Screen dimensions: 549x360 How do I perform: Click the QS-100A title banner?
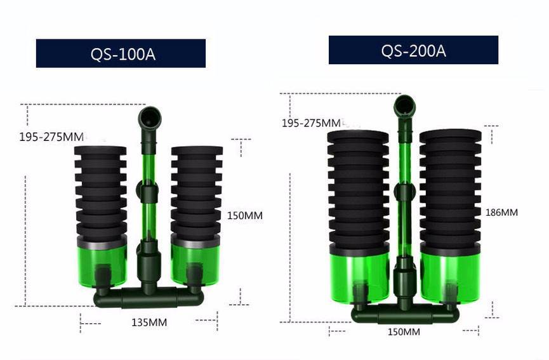(121, 53)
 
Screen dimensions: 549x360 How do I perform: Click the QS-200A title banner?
(414, 50)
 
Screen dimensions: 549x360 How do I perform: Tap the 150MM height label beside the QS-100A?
(245, 216)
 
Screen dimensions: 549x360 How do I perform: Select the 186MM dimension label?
(501, 213)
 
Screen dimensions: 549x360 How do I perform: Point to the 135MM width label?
(149, 322)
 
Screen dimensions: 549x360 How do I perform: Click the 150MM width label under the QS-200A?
(404, 331)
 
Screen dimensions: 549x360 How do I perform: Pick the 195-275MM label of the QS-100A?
(51, 137)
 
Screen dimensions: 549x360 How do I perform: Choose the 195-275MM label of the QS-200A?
(311, 123)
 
